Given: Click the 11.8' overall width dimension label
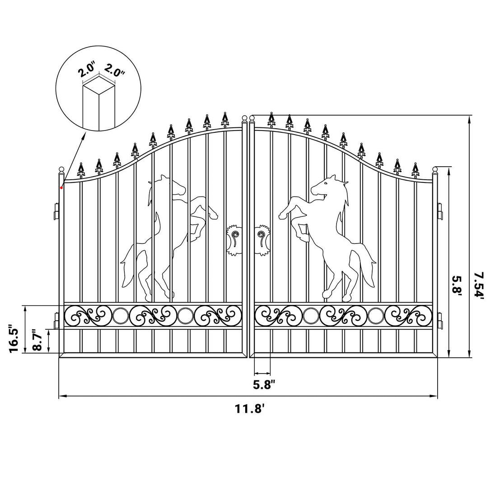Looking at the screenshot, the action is [x=249, y=409].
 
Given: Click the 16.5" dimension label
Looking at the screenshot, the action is [x=14, y=339].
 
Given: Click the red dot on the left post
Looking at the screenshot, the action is [x=61, y=188].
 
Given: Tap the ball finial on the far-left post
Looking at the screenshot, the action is [x=61, y=169].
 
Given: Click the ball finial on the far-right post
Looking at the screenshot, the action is [x=435, y=170].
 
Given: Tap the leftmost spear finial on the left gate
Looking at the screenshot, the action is [x=81, y=170].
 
